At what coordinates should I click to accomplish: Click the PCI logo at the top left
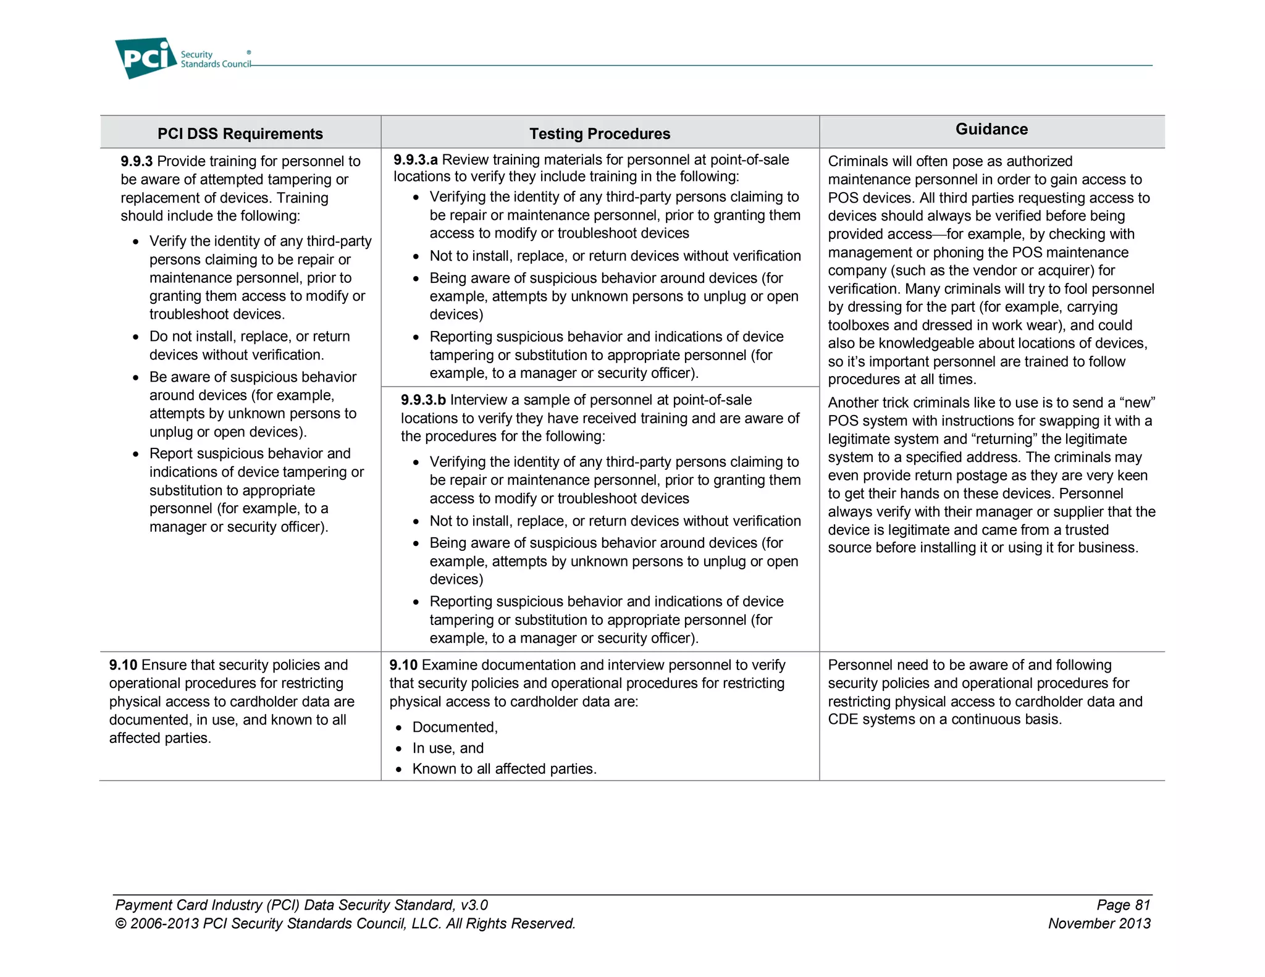coord(146,58)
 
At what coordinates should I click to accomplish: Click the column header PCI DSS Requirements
coord(240,133)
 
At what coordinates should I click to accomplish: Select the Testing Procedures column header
coord(599,133)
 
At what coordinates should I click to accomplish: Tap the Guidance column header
coord(991,129)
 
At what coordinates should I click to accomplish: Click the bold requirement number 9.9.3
coord(137,161)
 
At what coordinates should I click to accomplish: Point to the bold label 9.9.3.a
coord(416,159)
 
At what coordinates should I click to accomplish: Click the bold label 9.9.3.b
coord(423,400)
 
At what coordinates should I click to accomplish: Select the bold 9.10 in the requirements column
coord(123,665)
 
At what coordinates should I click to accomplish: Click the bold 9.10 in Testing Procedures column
coord(403,665)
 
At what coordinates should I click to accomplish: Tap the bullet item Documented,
coord(455,727)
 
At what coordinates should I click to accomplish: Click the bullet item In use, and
coord(448,748)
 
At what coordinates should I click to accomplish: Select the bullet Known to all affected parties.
coord(504,769)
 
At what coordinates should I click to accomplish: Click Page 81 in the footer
coord(1123,905)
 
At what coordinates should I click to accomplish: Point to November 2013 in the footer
coord(1099,923)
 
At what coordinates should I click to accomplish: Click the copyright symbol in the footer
coord(120,924)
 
